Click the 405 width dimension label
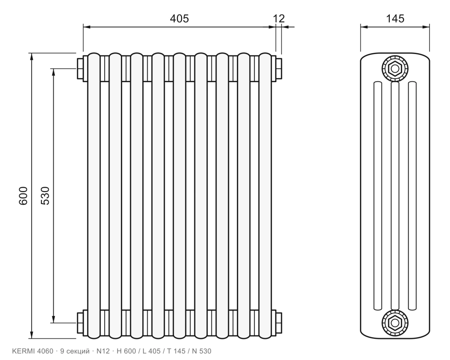(x=179, y=18)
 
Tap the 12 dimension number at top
(x=279, y=18)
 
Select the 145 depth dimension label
(x=395, y=18)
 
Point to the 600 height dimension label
(x=23, y=196)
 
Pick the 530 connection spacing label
(x=45, y=196)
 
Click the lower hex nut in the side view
(x=395, y=323)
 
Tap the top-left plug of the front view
(x=80, y=68)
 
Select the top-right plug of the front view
(x=279, y=68)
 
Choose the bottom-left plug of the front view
(x=80, y=323)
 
